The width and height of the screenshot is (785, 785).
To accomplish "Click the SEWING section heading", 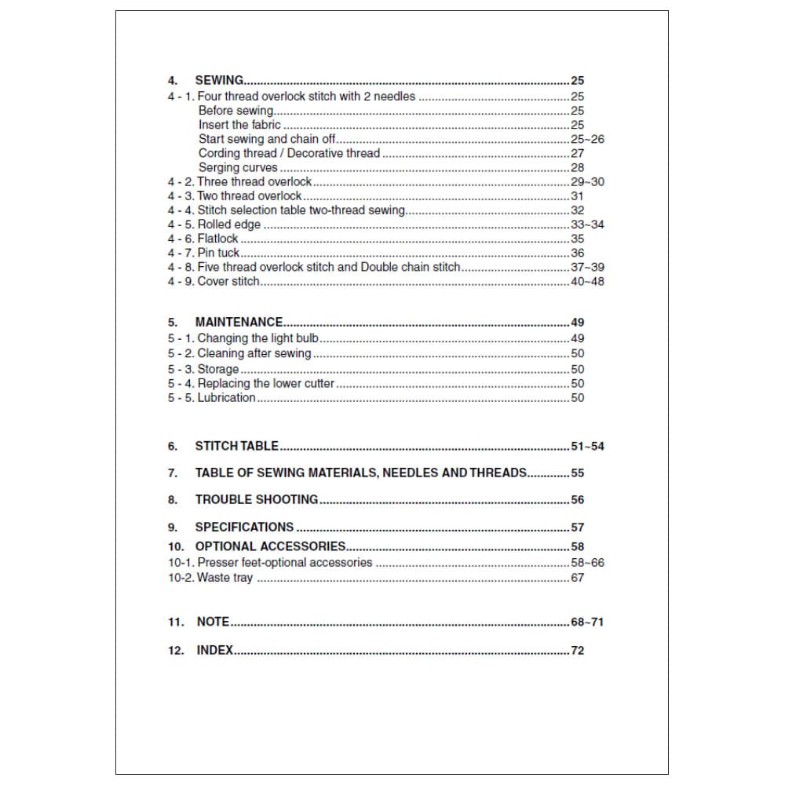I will pyautogui.click(x=219, y=80).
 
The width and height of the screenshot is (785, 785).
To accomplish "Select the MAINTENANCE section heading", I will pyautogui.click(x=239, y=322).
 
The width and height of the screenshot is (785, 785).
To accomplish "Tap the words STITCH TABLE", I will pyautogui.click(x=236, y=446).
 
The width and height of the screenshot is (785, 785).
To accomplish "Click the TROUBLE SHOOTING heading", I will pyautogui.click(x=256, y=499).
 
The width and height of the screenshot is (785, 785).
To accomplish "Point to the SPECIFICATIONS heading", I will pyautogui.click(x=244, y=527).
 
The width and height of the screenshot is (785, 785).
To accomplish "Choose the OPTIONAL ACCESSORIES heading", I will pyautogui.click(x=270, y=546).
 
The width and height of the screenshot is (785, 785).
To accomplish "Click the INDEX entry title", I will pyautogui.click(x=214, y=650).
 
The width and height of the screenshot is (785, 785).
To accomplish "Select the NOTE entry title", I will pyautogui.click(x=213, y=622).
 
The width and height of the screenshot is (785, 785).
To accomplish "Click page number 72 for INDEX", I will pyautogui.click(x=578, y=651).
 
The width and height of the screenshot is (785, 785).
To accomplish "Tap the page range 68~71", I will pyautogui.click(x=587, y=623).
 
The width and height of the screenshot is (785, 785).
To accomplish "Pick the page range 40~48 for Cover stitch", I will pyautogui.click(x=587, y=282).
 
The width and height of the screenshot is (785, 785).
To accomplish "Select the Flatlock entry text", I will pyautogui.click(x=217, y=239).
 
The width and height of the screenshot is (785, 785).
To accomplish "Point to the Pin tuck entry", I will pyautogui.click(x=218, y=253).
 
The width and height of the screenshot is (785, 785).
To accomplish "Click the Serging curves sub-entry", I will pyautogui.click(x=238, y=167).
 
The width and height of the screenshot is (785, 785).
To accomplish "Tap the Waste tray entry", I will pyautogui.click(x=225, y=578).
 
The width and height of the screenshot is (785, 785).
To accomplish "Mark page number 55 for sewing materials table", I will pyautogui.click(x=578, y=473).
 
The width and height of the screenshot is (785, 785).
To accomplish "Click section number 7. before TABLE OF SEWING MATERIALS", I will pyautogui.click(x=173, y=473).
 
